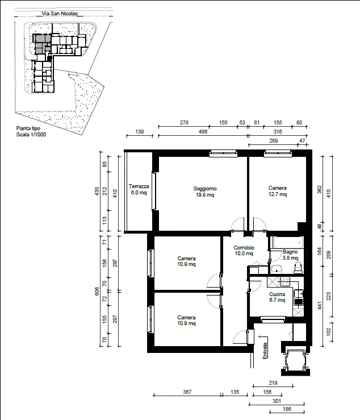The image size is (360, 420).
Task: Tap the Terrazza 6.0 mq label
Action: pyautogui.click(x=139, y=189)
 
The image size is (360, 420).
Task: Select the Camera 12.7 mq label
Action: pyautogui.click(x=278, y=191)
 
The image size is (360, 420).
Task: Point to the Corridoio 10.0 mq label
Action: pyautogui.click(x=244, y=251)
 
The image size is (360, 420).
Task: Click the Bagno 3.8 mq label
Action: pyautogui.click(x=290, y=255)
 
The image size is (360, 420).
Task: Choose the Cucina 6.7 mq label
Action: pyautogui.click(x=277, y=297)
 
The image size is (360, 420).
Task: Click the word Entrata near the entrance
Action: pyautogui.click(x=265, y=351)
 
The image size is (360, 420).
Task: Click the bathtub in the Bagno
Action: pyautogui.click(x=288, y=243)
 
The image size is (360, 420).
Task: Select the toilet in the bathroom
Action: pyautogui.click(x=298, y=268)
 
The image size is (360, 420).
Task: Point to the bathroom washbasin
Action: pyautogui.click(x=276, y=269)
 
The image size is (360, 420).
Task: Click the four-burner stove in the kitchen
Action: pyautogui.click(x=285, y=281)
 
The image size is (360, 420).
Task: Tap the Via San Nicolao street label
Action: pyautogui.click(x=60, y=14)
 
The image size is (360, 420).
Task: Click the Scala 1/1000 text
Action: pyautogui.click(x=31, y=135)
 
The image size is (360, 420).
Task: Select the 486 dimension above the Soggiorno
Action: pyautogui.click(x=203, y=131)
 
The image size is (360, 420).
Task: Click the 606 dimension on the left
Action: pyautogui.click(x=97, y=291)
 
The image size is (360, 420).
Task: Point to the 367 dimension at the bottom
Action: pyautogui.click(x=187, y=392)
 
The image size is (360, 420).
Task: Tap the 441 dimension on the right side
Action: pyautogui.click(x=319, y=305)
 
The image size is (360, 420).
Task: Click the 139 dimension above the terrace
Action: pyautogui.click(x=140, y=131)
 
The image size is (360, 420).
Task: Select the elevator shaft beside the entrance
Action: pyautogui.click(x=295, y=359)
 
